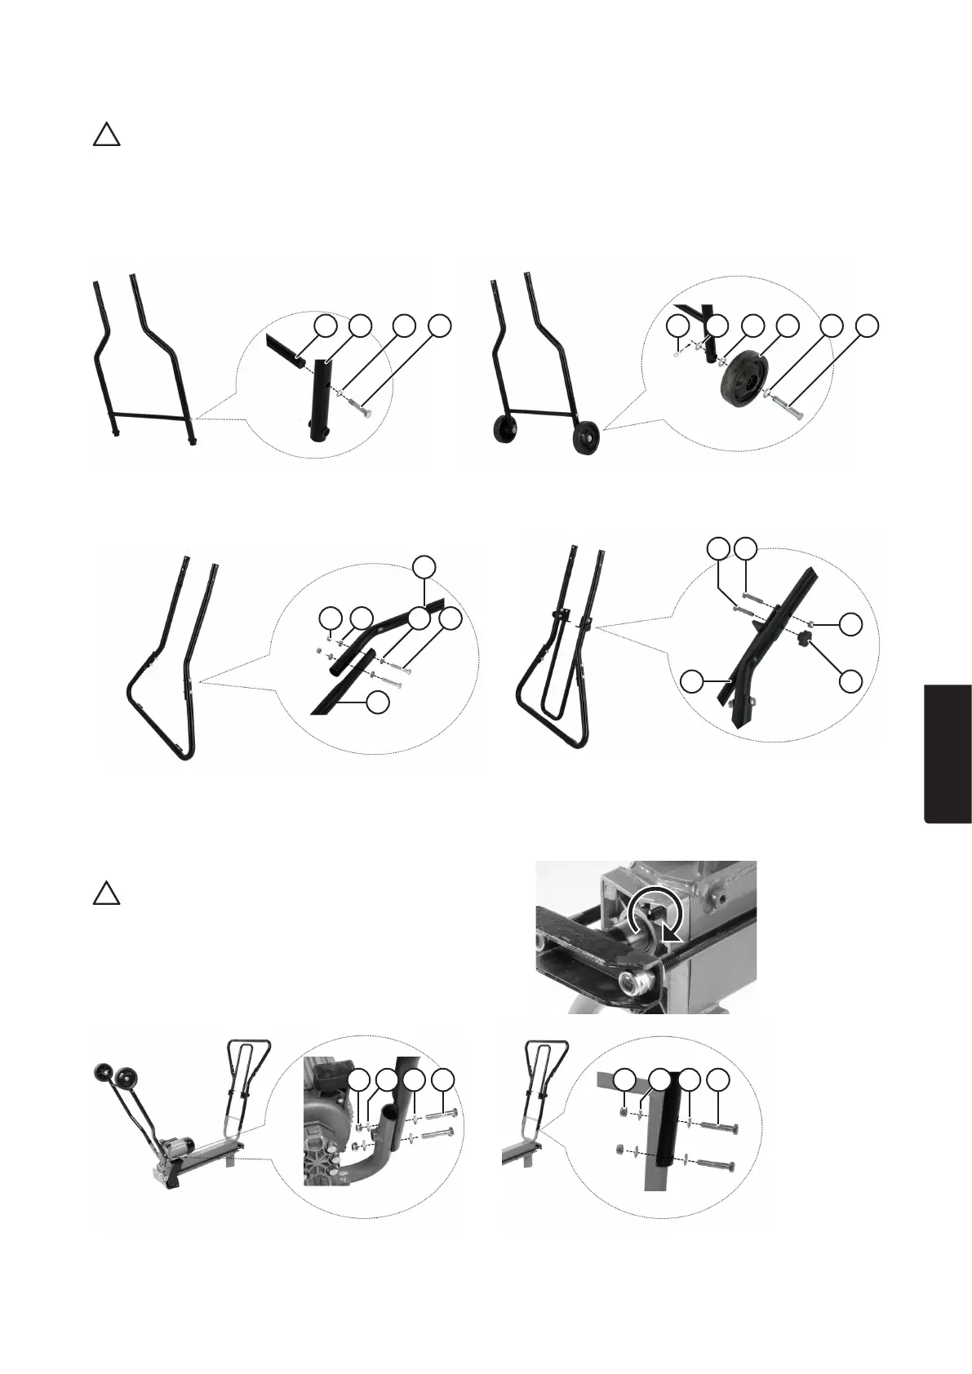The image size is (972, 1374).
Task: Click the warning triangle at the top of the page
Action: click(x=106, y=135)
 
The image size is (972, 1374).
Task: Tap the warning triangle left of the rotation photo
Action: click(x=106, y=893)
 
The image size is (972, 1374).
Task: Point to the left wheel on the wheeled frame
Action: click(x=505, y=431)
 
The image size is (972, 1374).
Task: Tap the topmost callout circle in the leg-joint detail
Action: click(x=424, y=565)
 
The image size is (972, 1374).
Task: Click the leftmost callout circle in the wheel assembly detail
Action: click(x=677, y=326)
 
